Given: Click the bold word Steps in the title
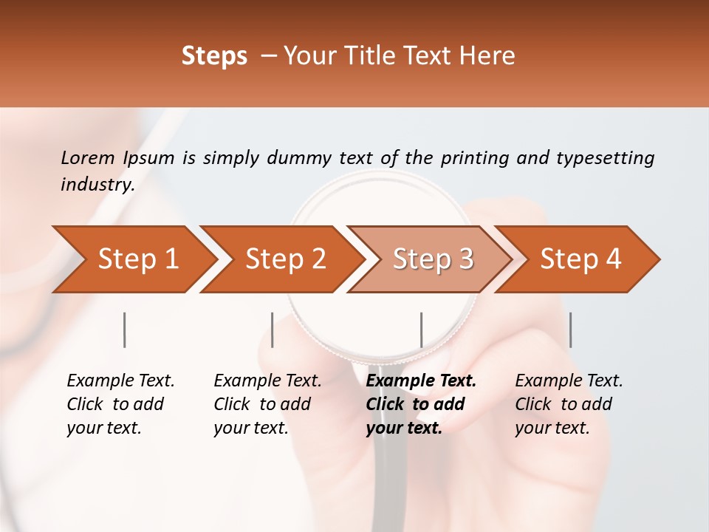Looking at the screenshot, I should click(214, 56).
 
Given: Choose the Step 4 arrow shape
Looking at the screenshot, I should click(580, 259).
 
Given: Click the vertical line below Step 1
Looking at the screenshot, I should click(125, 330).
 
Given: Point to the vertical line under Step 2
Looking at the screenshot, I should click(273, 330).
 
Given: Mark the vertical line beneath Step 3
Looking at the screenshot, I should click(421, 330).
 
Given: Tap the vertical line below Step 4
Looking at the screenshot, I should click(570, 330).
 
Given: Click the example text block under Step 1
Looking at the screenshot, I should click(120, 404).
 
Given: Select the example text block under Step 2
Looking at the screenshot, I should click(267, 404).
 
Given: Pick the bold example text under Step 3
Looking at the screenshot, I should click(421, 404).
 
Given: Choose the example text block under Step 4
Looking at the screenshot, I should click(569, 404).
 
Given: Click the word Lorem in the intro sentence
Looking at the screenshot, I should click(88, 157).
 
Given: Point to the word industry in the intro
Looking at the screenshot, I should click(97, 185).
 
